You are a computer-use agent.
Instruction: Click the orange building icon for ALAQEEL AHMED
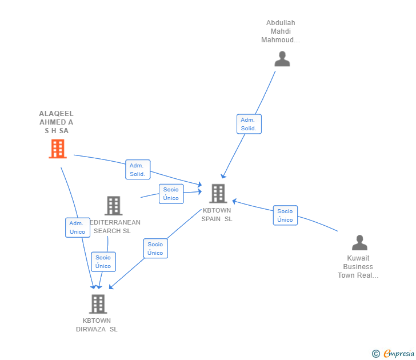coord(57,149)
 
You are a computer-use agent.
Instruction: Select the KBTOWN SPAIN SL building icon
coord(218,194)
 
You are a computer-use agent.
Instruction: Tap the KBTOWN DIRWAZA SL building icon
coord(98,303)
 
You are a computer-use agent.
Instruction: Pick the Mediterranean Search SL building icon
coord(113,206)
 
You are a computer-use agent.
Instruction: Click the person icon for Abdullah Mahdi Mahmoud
coord(282,59)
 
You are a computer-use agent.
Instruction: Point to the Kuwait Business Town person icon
coord(359,243)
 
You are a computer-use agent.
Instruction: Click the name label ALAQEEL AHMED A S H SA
coord(56,122)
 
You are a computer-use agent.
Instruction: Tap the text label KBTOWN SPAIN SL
coord(217,215)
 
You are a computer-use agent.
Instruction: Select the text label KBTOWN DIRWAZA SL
coord(97,325)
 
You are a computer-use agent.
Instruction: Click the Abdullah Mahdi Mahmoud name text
coord(281,31)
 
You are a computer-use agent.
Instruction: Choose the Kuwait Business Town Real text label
coord(358,267)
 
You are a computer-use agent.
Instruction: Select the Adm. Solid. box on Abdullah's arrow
coord(249,124)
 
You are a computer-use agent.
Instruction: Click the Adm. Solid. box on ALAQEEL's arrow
coord(138,170)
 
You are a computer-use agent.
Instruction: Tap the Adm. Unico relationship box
coord(77,227)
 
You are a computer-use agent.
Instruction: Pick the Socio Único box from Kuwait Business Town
coord(285,215)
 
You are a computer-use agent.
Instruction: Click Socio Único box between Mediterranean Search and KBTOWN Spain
coord(171,194)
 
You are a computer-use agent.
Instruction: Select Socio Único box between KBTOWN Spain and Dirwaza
coord(155,249)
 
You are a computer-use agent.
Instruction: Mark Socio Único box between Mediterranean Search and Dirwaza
coord(103,262)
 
